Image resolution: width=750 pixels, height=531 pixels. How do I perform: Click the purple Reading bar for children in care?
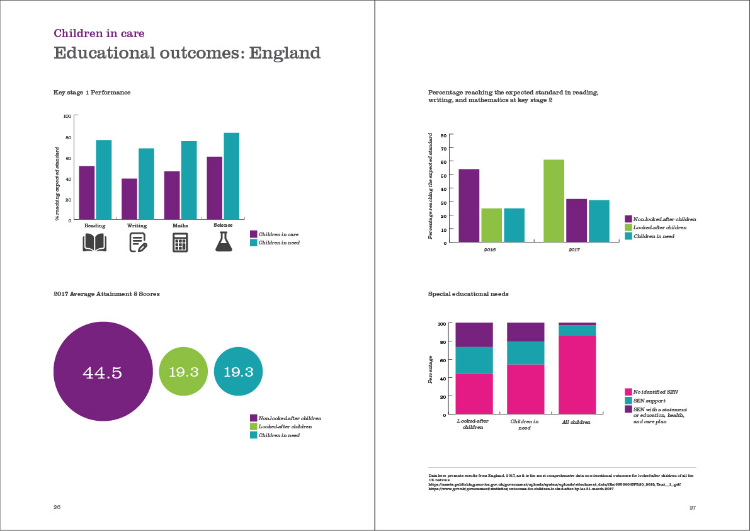point(87,192)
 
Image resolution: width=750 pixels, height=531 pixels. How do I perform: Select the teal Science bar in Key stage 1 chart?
point(231,176)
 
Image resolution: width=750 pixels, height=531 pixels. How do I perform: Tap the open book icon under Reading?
point(94,243)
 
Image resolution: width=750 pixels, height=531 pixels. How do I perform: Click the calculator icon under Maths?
point(180,243)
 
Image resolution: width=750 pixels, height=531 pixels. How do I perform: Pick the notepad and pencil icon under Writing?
point(138,243)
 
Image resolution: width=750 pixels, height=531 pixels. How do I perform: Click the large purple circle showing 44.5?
point(103,372)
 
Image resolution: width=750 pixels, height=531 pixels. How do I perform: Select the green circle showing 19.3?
point(183,372)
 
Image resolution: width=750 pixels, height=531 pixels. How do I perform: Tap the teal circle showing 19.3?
point(238,372)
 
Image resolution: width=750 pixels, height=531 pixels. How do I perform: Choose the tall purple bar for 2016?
point(469,205)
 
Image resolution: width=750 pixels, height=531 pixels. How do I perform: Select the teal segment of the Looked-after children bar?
point(474,360)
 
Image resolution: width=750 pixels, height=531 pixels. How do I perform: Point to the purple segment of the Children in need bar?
point(526,332)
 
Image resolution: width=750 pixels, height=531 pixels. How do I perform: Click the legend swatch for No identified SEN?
point(628,392)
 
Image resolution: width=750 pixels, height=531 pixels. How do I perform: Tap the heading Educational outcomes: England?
point(187,53)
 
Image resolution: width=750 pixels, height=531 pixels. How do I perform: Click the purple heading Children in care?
point(99,33)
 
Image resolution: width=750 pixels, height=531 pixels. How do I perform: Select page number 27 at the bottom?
point(692,508)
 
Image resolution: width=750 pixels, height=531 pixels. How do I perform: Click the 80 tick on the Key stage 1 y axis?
point(67,137)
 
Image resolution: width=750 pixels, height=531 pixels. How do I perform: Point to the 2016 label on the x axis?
point(490,250)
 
